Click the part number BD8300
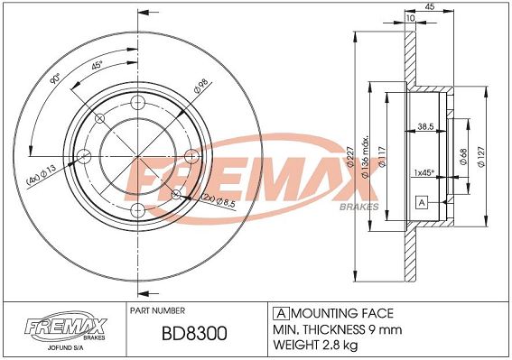point(194,333)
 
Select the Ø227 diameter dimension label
point(350,157)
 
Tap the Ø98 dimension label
point(200,86)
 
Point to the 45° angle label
point(97,65)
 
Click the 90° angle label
point(55,78)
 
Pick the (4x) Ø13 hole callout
point(42,175)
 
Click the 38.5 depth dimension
point(425,126)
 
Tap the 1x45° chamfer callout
point(424,172)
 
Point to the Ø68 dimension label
point(463,157)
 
